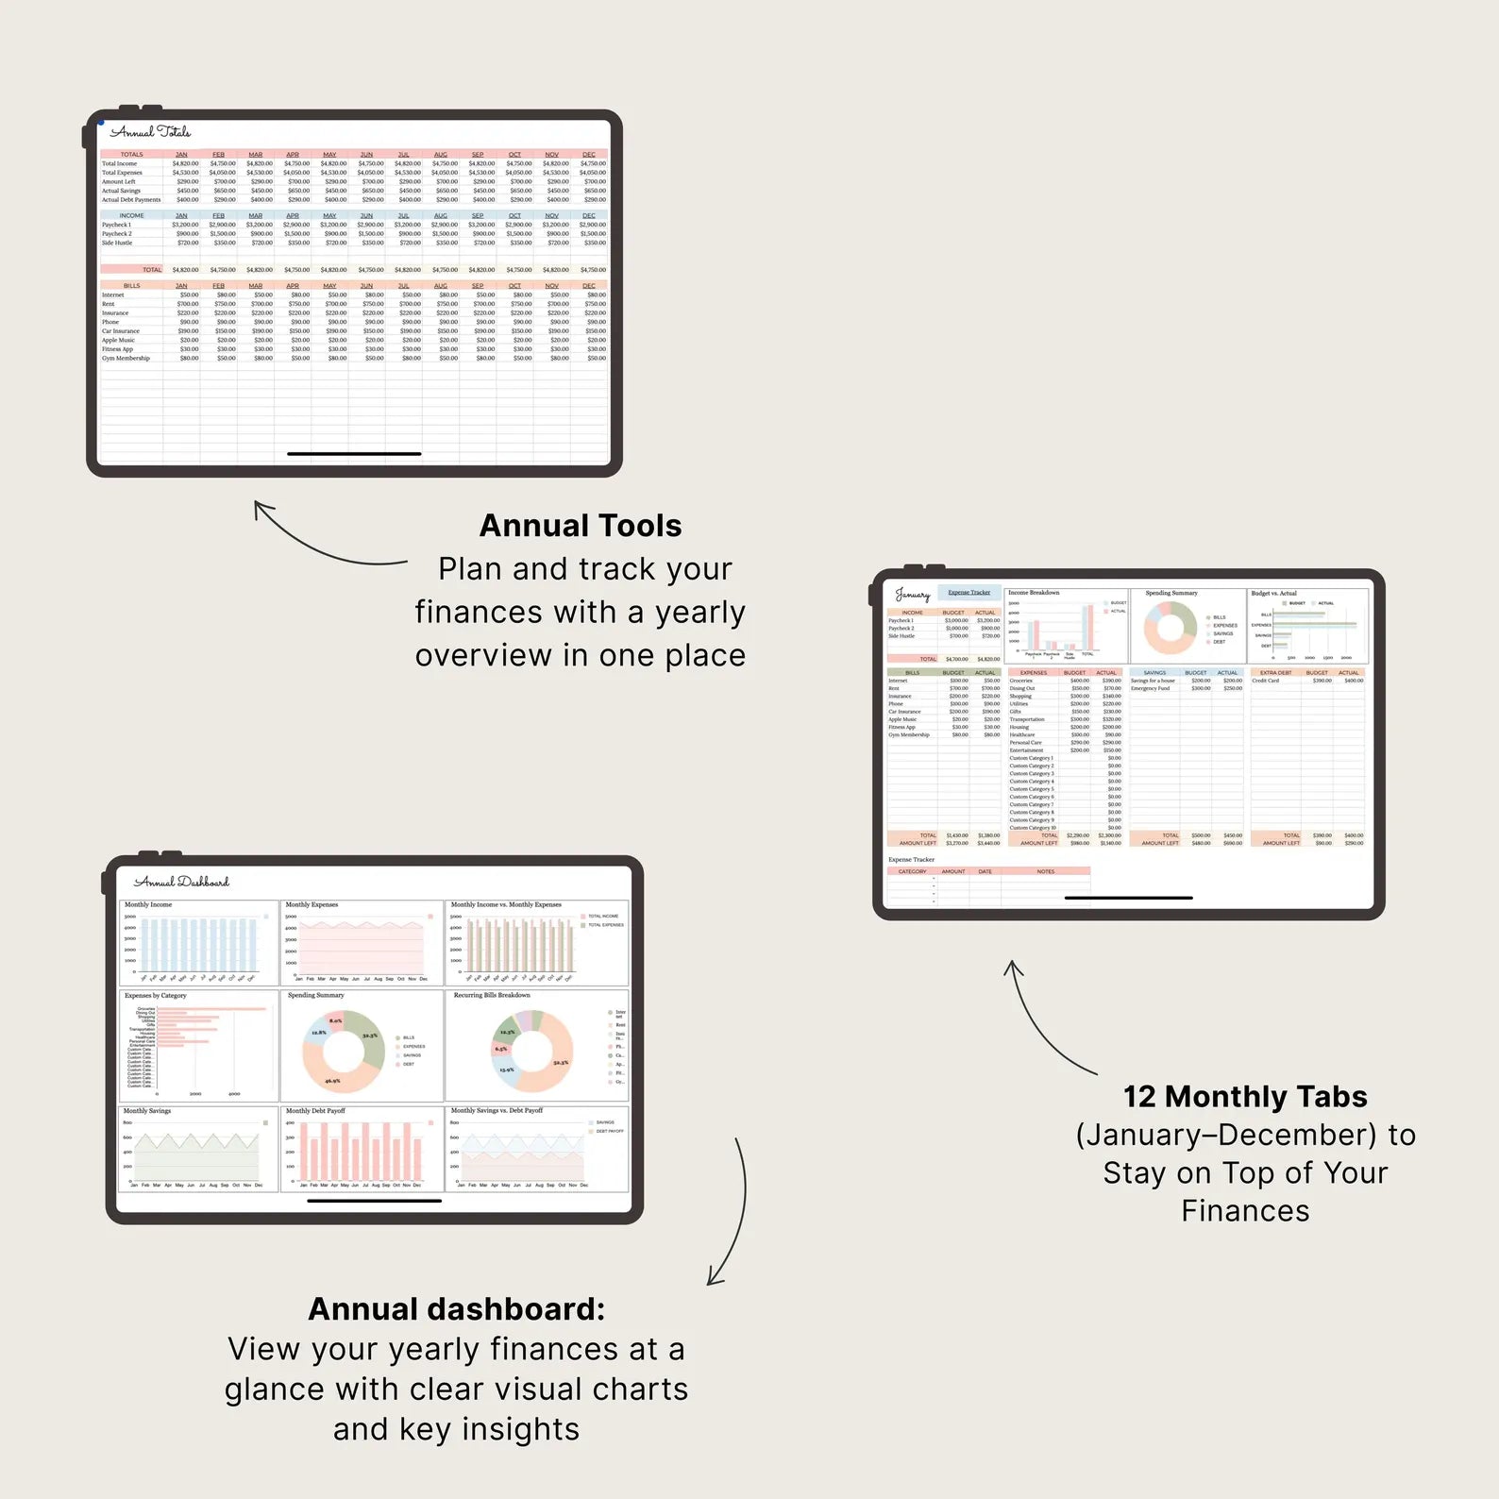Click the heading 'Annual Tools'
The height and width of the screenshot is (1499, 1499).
tap(581, 526)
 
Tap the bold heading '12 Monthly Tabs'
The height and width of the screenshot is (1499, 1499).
tap(1245, 1097)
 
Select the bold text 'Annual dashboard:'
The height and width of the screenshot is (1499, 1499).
tap(456, 1309)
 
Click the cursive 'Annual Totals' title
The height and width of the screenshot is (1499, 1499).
tap(151, 132)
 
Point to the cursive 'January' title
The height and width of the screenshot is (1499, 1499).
tap(912, 595)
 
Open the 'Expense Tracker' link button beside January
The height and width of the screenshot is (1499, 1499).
tap(968, 593)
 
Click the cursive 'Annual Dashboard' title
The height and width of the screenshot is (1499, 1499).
tap(181, 882)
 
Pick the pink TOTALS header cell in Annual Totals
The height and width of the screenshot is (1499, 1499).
tap(131, 154)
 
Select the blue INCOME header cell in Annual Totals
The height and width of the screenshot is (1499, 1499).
tap(131, 215)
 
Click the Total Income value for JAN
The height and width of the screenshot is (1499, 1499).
tap(185, 163)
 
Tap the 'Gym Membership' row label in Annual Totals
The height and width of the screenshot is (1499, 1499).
tap(126, 359)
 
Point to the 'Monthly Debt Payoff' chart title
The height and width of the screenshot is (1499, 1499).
tap(315, 1111)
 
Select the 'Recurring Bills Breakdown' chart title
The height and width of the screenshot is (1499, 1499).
tap(492, 995)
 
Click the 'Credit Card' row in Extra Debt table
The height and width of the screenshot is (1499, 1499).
tap(1266, 681)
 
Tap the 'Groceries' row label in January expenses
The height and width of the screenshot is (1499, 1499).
tap(1020, 681)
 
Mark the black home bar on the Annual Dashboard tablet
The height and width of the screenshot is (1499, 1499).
tap(375, 1201)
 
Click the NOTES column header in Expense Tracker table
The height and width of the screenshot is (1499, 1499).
tap(1046, 871)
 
